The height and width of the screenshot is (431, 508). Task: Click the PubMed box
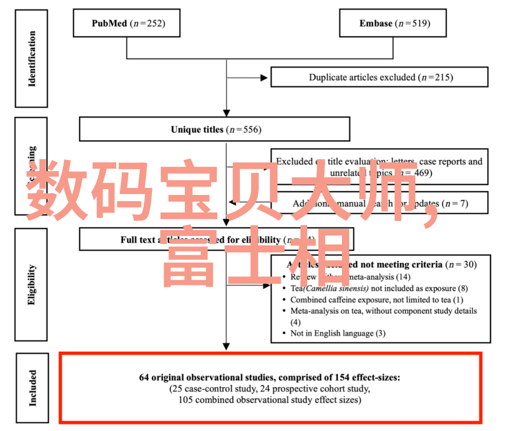127,23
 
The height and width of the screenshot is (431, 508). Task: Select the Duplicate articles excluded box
380,77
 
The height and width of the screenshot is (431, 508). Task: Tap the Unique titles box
214,129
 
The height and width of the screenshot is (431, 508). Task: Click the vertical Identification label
32,59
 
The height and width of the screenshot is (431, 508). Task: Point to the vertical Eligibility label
32,285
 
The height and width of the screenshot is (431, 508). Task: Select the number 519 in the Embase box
420,24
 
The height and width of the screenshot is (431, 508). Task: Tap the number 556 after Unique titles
251,130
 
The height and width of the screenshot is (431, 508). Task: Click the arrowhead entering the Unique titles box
226,113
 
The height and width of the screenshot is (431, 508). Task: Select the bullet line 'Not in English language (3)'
338,333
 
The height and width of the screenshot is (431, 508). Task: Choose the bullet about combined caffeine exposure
377,300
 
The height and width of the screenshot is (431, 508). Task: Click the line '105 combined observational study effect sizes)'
270,400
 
